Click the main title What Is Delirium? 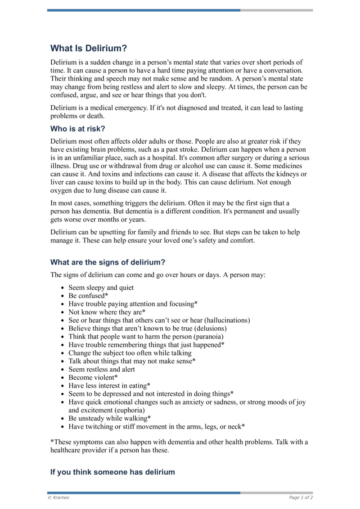coord(89,48)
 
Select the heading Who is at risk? coord(77,128)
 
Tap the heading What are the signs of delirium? coord(108,262)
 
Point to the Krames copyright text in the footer coord(58,497)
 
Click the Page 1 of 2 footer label coord(301,497)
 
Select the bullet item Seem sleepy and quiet coord(101,288)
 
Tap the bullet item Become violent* coord(93,377)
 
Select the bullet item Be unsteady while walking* coord(109,418)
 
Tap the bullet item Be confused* coord(88,296)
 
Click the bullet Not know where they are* coord(107,312)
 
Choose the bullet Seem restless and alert coord(101,369)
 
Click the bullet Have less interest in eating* coord(109,385)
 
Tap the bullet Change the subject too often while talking coord(130,353)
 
